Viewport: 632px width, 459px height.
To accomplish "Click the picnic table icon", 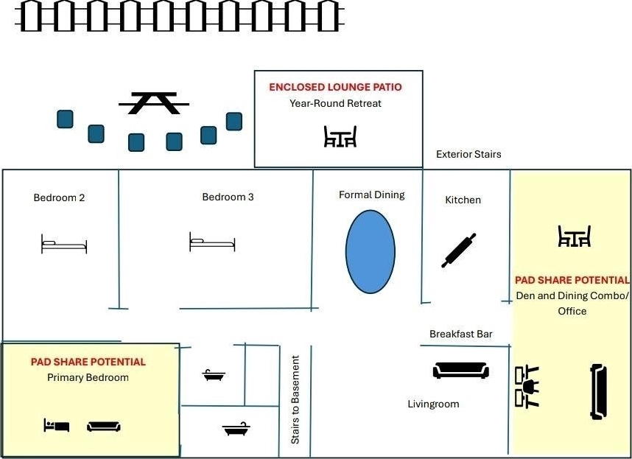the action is (x=154, y=104).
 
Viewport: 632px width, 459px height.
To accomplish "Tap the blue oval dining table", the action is (x=371, y=251).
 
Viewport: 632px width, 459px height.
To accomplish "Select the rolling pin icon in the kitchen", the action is (x=459, y=250).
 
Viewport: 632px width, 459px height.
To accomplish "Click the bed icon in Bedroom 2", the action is (x=64, y=244).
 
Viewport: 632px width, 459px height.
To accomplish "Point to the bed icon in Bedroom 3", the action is (x=212, y=242).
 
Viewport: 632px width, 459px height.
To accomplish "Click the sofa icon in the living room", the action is (x=461, y=371).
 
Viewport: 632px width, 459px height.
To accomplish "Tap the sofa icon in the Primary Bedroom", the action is (x=104, y=427).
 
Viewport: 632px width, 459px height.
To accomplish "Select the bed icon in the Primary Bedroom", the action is (x=57, y=425).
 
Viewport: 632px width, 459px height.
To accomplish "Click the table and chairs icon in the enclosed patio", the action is (x=340, y=136).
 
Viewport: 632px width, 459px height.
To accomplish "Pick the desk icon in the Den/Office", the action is (x=527, y=387).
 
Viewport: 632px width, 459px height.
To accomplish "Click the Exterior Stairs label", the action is (x=468, y=154).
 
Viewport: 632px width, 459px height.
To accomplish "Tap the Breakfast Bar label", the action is (x=460, y=334).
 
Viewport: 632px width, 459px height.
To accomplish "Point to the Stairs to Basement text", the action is (x=295, y=400).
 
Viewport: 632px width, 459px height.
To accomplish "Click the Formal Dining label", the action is (x=372, y=195).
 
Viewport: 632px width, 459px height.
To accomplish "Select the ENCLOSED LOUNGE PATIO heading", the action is (x=335, y=87).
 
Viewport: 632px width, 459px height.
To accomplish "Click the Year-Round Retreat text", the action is (x=335, y=103).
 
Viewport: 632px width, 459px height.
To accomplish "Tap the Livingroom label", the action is (x=433, y=404).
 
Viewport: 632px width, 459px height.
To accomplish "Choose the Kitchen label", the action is (x=463, y=200).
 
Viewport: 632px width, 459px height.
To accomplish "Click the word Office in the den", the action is (x=572, y=311).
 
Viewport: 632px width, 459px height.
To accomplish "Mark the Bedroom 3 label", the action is (x=228, y=197).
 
